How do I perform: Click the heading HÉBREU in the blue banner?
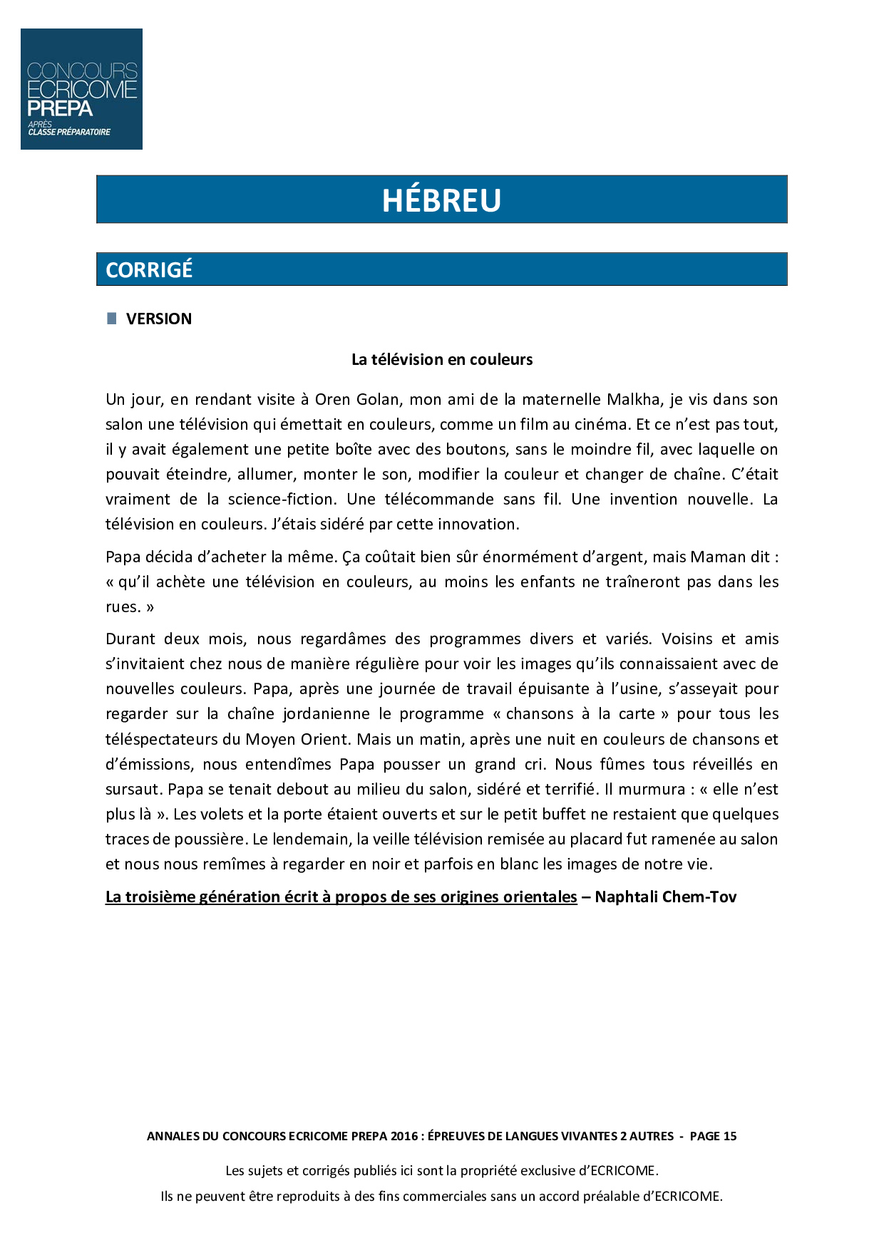(x=441, y=200)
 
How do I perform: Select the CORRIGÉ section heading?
(x=149, y=270)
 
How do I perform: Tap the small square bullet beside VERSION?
(x=111, y=319)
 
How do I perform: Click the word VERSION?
(x=159, y=319)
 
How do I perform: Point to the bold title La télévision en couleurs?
(x=442, y=359)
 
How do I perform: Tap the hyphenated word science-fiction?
(x=281, y=499)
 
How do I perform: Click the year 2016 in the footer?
(x=404, y=1136)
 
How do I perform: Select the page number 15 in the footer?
(x=729, y=1136)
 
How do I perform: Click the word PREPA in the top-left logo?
(x=60, y=109)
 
